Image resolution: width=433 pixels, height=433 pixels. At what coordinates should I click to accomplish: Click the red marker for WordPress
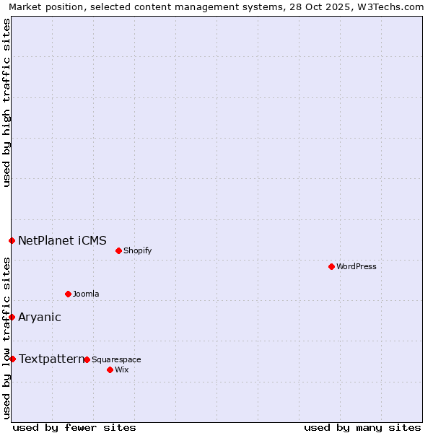(331, 266)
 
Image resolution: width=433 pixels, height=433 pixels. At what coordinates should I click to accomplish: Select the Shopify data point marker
(118, 250)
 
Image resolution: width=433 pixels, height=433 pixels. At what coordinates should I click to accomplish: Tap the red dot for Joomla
(68, 294)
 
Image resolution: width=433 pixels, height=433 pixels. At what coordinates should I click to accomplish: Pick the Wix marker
(110, 369)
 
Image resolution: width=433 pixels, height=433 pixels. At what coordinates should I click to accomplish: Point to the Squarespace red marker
(87, 359)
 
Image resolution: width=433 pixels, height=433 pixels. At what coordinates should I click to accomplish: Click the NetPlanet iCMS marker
(12, 240)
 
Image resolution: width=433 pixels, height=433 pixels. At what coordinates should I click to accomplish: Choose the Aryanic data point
(12, 317)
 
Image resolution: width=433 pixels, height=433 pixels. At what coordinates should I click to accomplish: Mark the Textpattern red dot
(12, 359)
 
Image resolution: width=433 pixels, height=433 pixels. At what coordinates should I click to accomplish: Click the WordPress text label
(357, 266)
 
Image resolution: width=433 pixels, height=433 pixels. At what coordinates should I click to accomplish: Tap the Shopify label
(137, 250)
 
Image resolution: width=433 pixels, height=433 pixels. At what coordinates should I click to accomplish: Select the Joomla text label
(86, 294)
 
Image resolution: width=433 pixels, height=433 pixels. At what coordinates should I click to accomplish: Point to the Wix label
(121, 369)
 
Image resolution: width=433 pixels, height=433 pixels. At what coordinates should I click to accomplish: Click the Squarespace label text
(116, 359)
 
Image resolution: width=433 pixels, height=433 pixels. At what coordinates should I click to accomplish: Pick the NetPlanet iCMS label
(62, 240)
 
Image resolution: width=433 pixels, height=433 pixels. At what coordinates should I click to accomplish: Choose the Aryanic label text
(40, 317)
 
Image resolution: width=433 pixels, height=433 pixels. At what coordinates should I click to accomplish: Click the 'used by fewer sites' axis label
(74, 427)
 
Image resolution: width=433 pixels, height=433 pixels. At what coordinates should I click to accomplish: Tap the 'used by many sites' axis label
(362, 427)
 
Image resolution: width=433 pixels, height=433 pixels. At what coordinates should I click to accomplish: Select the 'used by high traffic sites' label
(6, 102)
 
